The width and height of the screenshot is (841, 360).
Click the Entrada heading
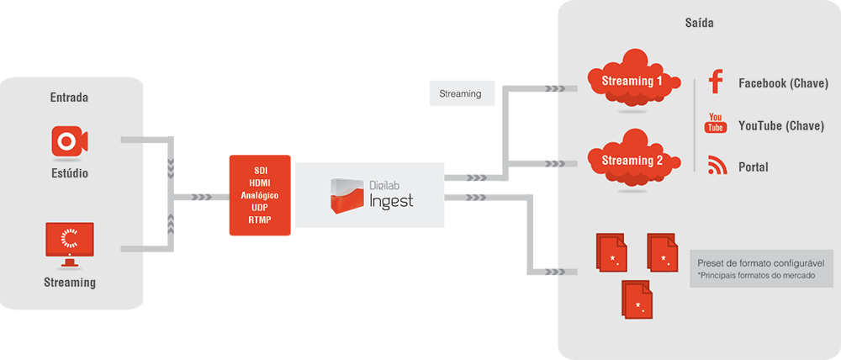pos(69,98)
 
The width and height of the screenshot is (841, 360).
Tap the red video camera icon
pos(69,140)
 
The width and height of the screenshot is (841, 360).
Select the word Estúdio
pos(69,174)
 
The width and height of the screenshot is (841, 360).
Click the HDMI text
pos(259,183)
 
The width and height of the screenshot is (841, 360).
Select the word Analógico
pos(259,195)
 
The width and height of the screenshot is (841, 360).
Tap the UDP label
pos(259,208)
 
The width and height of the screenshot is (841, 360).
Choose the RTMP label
pos(259,220)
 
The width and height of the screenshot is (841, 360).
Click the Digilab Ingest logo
pos(370,193)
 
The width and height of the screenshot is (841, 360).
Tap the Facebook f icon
pos(716,82)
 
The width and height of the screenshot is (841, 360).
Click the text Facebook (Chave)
pos(783,83)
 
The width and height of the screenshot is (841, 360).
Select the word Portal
pos(754,167)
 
